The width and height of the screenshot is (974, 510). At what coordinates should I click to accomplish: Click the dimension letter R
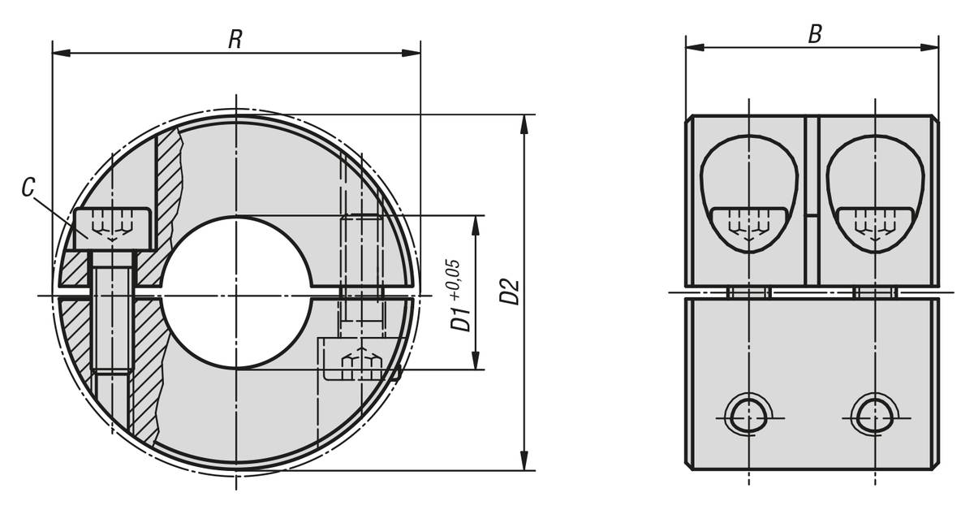235,39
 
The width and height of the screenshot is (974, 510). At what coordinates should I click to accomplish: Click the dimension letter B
815,34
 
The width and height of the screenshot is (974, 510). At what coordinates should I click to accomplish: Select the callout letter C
28,188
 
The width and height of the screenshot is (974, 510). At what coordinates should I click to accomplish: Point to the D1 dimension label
460,318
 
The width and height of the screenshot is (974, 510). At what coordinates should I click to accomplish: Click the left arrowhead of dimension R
62,53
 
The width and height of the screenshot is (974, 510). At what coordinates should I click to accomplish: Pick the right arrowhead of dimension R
412,53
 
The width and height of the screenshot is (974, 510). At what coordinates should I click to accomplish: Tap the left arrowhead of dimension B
695,47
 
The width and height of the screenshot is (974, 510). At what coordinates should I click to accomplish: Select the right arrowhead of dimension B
929,47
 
